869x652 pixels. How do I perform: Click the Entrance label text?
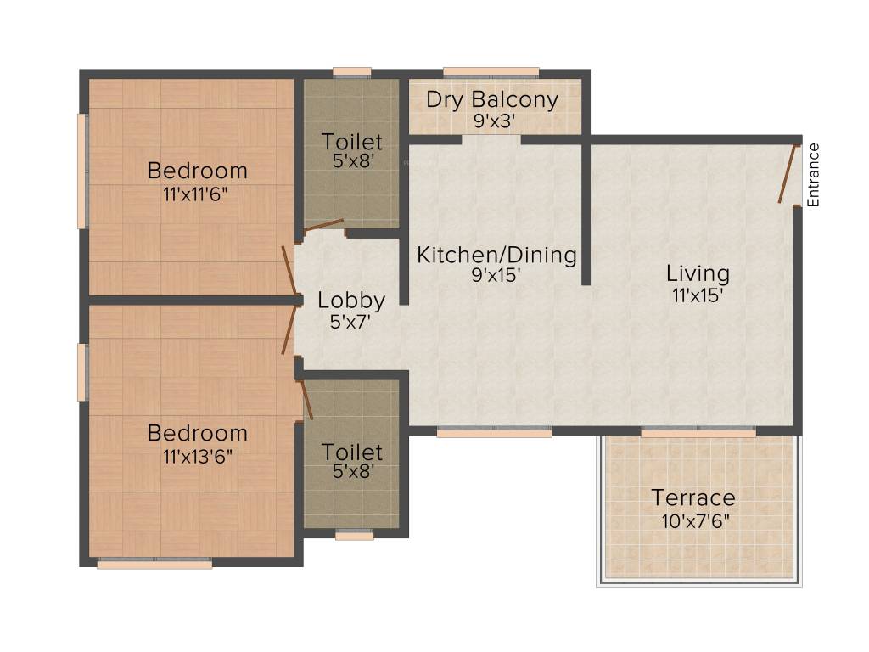[813, 176]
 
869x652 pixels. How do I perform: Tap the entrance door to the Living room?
[788, 175]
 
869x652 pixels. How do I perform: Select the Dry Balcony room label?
[491, 99]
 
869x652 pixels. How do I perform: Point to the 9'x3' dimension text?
[491, 121]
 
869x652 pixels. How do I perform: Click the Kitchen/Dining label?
[496, 255]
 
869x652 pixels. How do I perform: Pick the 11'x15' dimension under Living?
[697, 295]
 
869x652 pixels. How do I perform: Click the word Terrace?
[693, 497]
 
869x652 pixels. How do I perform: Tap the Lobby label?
[351, 300]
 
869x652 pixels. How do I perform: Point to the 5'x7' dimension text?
[351, 322]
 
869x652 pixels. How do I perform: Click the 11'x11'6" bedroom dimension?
[197, 193]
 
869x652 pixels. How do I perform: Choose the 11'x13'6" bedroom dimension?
[197, 455]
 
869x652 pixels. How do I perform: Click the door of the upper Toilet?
[324, 224]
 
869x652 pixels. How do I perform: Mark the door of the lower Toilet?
[306, 399]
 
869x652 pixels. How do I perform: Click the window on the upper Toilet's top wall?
[351, 72]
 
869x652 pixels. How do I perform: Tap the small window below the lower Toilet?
[354, 535]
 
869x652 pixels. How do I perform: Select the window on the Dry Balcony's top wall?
[491, 72]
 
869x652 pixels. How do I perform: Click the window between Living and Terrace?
[698, 433]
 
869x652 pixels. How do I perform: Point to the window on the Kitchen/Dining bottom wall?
[494, 433]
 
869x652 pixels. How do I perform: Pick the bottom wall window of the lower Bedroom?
[154, 563]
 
